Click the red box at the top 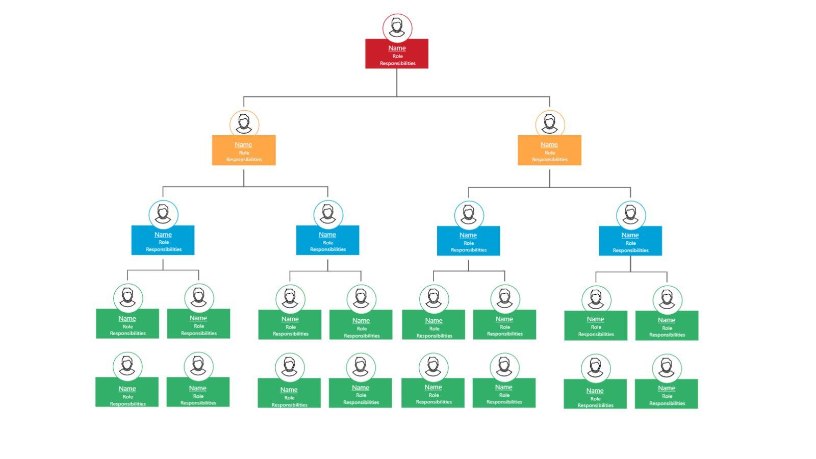[x=397, y=54]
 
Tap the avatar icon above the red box [x=397, y=28]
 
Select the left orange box [x=244, y=150]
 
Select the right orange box [x=549, y=150]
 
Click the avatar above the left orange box [x=244, y=124]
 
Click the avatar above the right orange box [x=550, y=124]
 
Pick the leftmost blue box [x=163, y=240]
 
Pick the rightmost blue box [x=630, y=241]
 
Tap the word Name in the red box [x=397, y=48]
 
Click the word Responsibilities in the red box [x=397, y=63]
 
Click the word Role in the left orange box [x=244, y=152]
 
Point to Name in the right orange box [x=549, y=144]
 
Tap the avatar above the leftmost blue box [x=163, y=214]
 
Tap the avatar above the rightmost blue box [x=631, y=215]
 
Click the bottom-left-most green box [x=127, y=392]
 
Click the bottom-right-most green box [x=666, y=394]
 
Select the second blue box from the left [x=327, y=240]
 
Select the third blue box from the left [x=468, y=241]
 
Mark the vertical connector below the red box [x=397, y=82]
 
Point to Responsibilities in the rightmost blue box [x=630, y=250]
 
